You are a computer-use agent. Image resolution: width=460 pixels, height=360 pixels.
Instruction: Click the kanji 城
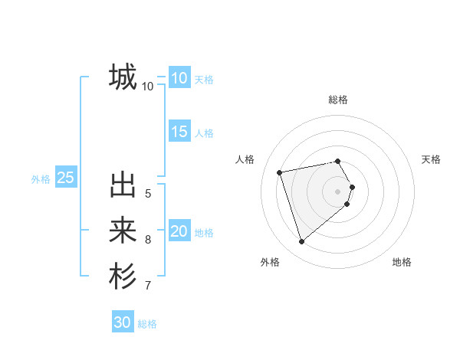point(123,77)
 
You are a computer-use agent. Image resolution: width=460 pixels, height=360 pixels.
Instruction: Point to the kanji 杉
point(123,277)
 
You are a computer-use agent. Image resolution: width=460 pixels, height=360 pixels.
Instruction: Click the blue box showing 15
point(179,132)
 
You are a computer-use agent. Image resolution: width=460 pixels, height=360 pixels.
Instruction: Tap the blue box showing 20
point(179,232)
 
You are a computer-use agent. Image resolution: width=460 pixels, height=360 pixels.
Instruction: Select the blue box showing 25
point(66,178)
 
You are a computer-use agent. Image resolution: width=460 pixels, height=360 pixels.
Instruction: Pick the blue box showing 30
point(123,322)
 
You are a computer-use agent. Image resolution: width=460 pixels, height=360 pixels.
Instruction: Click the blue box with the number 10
point(179,78)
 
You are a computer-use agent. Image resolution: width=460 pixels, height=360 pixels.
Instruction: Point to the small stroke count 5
point(148,193)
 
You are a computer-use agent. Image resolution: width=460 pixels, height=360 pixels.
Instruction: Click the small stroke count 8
point(148,240)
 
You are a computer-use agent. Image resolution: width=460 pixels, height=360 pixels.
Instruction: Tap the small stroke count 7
point(148,286)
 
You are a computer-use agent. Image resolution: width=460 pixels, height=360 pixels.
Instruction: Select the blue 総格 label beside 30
point(148,324)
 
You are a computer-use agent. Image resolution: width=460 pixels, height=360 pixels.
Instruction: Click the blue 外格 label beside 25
point(41,179)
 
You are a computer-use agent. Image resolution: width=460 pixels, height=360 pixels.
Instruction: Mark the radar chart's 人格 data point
point(280,172)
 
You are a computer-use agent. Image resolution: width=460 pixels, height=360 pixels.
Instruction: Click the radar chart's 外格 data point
point(301,242)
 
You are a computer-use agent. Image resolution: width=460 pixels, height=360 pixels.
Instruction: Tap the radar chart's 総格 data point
point(337,161)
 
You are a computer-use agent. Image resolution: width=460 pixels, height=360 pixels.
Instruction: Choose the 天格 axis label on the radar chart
point(431,159)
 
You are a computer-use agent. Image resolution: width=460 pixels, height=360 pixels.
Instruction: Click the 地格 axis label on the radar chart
point(402,262)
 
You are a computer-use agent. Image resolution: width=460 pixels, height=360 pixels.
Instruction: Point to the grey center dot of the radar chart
point(337,191)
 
